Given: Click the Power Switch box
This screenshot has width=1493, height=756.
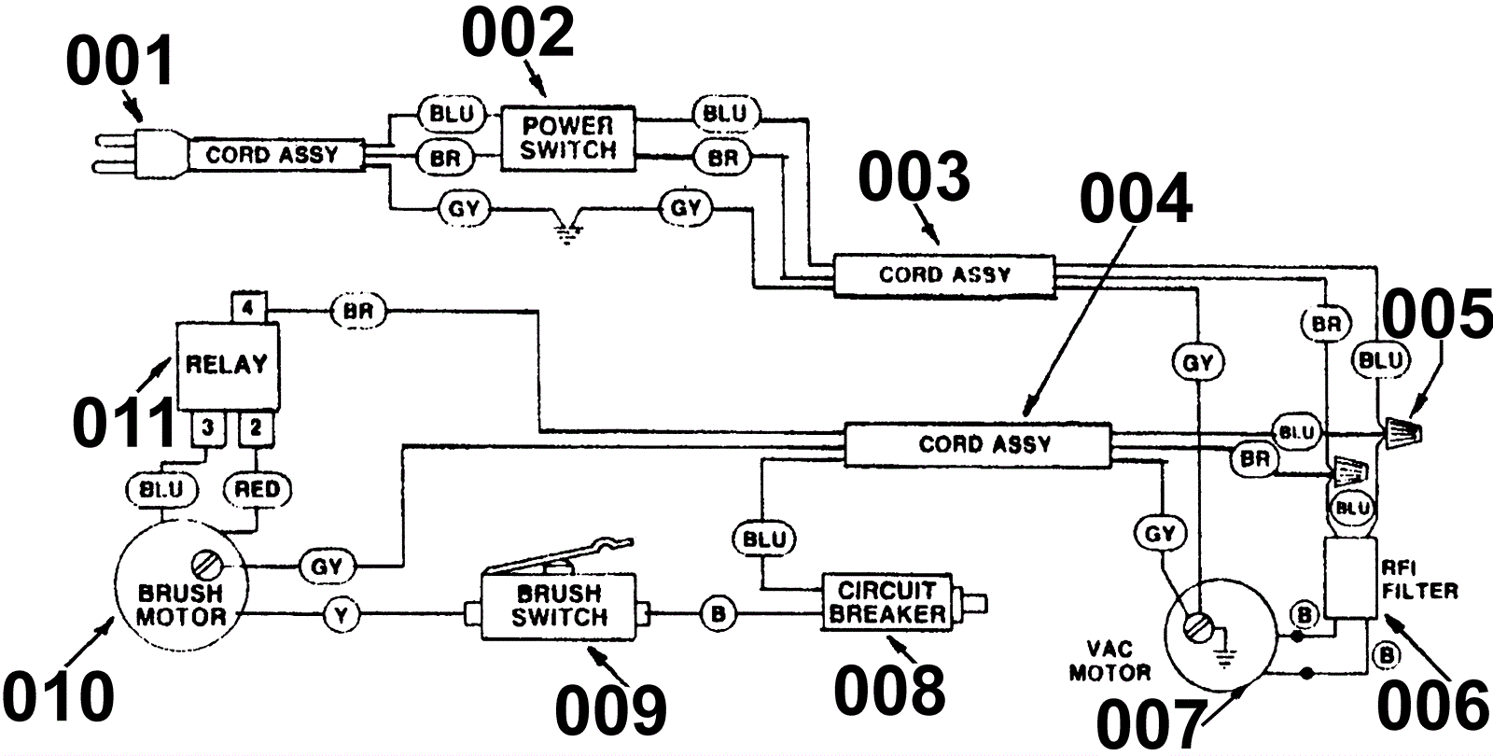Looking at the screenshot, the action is (568, 138).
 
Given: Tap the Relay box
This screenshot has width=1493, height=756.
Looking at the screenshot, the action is (228, 365).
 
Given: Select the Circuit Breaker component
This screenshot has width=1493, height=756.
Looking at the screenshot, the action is (904, 602).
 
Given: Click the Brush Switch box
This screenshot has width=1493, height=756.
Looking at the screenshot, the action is (558, 606).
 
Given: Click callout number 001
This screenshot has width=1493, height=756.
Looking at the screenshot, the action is (120, 62).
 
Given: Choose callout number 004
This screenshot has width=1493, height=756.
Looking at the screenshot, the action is (1136, 199).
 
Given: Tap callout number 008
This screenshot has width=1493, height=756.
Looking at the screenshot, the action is (889, 691).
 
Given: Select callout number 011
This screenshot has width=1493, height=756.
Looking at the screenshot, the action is (124, 423).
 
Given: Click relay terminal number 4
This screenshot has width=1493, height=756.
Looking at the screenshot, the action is (248, 307).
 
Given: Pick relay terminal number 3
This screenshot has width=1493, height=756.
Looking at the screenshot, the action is (208, 427).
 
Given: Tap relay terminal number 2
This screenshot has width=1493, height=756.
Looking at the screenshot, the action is (256, 427).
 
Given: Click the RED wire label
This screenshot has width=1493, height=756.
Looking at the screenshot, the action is (257, 489).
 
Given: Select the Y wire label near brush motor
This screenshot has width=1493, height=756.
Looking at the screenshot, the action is (342, 615).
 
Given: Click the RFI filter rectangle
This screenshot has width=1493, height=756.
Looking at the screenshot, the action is (1349, 578).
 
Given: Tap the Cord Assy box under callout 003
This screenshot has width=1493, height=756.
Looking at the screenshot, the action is (943, 274).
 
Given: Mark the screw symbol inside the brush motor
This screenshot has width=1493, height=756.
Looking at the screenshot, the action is (204, 566).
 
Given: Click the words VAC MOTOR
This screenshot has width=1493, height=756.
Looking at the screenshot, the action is (1109, 661).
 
